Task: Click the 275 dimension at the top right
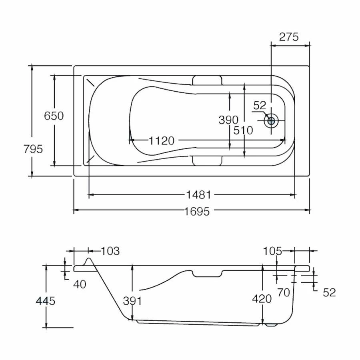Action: [289, 37]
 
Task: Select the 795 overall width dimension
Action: [33, 149]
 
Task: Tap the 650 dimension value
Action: [54, 116]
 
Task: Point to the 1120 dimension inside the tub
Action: [162, 140]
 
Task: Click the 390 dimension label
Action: [228, 120]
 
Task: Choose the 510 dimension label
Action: [244, 130]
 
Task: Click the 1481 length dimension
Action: [198, 195]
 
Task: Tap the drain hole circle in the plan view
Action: [272, 120]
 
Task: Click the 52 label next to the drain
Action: [260, 106]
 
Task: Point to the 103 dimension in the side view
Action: [110, 251]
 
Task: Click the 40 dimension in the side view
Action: [80, 284]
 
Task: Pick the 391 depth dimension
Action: [132, 301]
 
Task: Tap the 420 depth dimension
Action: [262, 299]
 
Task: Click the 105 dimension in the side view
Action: [273, 251]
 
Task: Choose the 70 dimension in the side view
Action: [283, 293]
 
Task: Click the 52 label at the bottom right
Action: [329, 293]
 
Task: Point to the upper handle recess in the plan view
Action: [206, 80]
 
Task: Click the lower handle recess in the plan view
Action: [206, 160]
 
